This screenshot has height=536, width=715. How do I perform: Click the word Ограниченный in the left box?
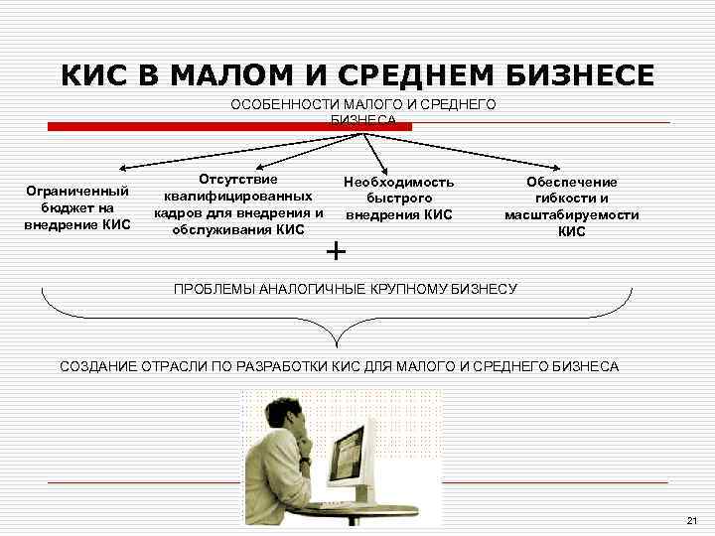tap(77, 191)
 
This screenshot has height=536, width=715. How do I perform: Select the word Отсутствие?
tap(238, 179)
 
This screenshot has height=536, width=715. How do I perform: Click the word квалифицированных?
tap(238, 196)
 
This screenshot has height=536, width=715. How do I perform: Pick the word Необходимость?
tap(398, 182)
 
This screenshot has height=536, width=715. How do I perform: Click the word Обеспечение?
tap(572, 182)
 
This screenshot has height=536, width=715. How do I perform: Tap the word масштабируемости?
tap(572, 214)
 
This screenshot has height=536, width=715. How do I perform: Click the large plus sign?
tap(337, 252)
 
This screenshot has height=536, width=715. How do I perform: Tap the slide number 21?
tap(692, 521)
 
